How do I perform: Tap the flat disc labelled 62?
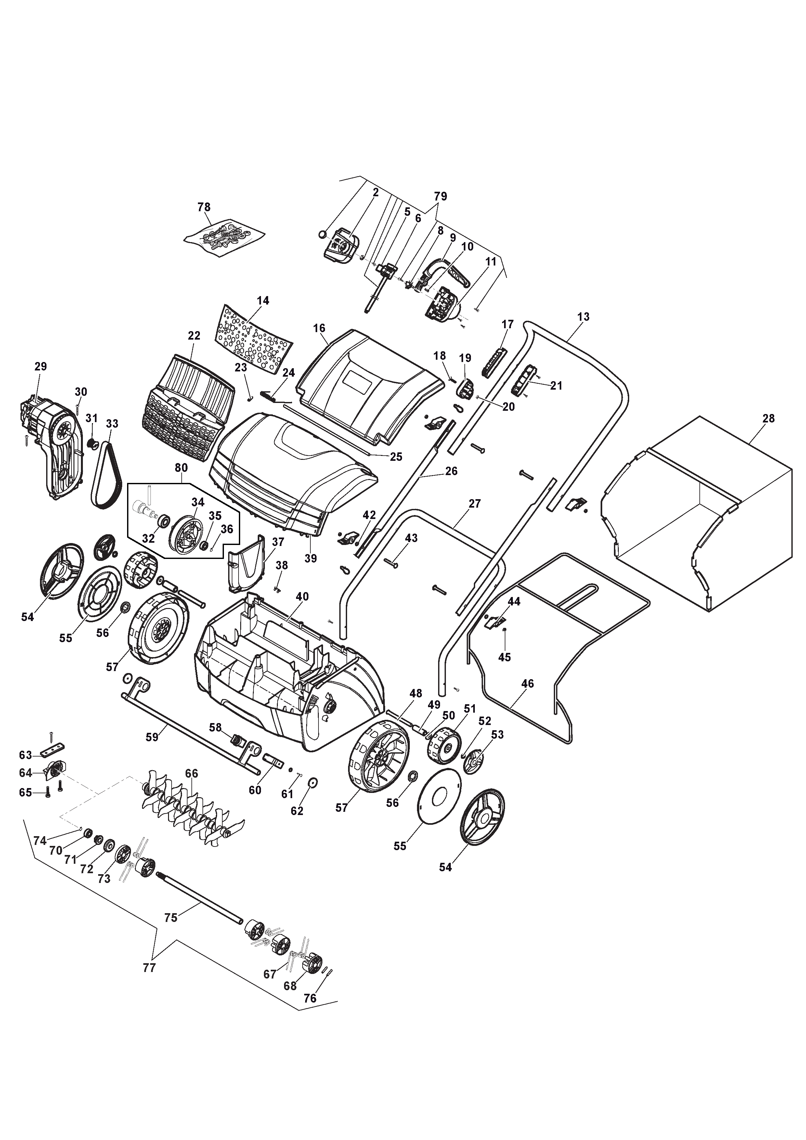tap(313, 783)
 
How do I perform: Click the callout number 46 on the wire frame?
tap(527, 684)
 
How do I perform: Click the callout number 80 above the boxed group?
tap(181, 468)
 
